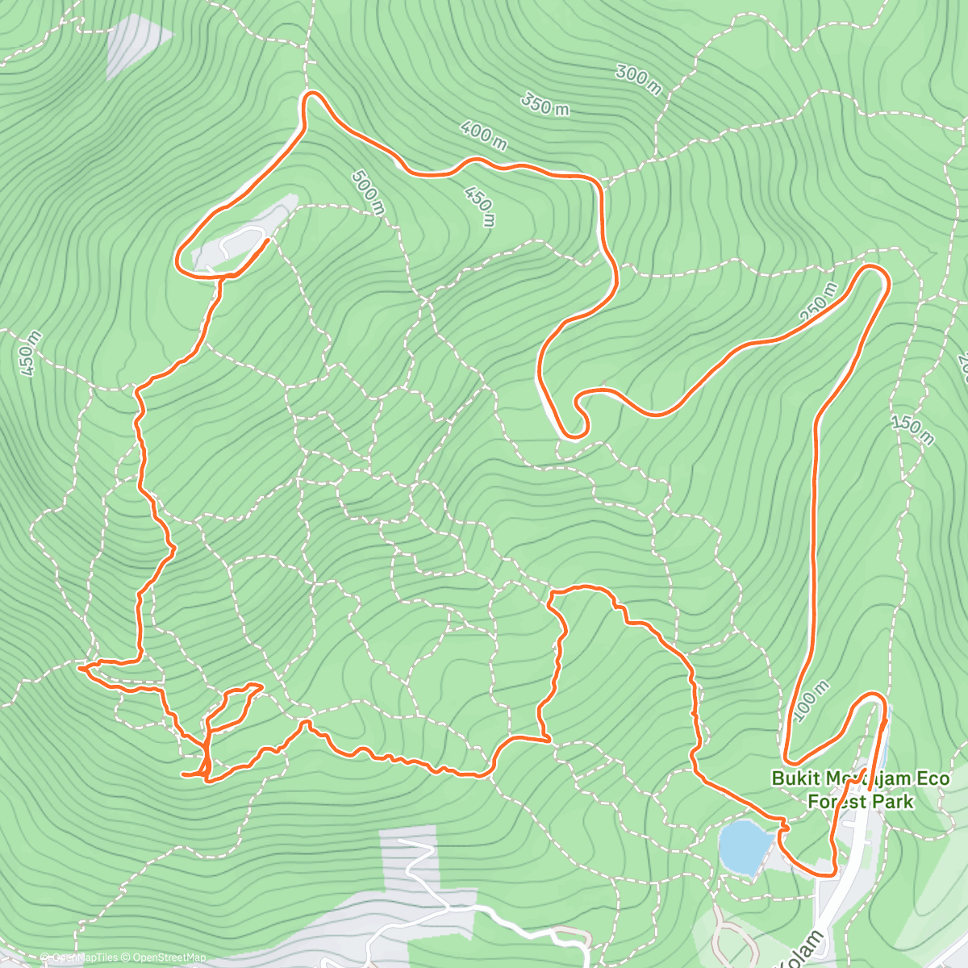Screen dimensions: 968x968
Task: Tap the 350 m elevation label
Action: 544,104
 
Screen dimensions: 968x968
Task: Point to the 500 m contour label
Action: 367,192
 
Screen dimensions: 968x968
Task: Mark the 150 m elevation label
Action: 913,429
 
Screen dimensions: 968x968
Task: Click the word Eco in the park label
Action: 933,779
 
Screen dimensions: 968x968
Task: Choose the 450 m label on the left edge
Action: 28,355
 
